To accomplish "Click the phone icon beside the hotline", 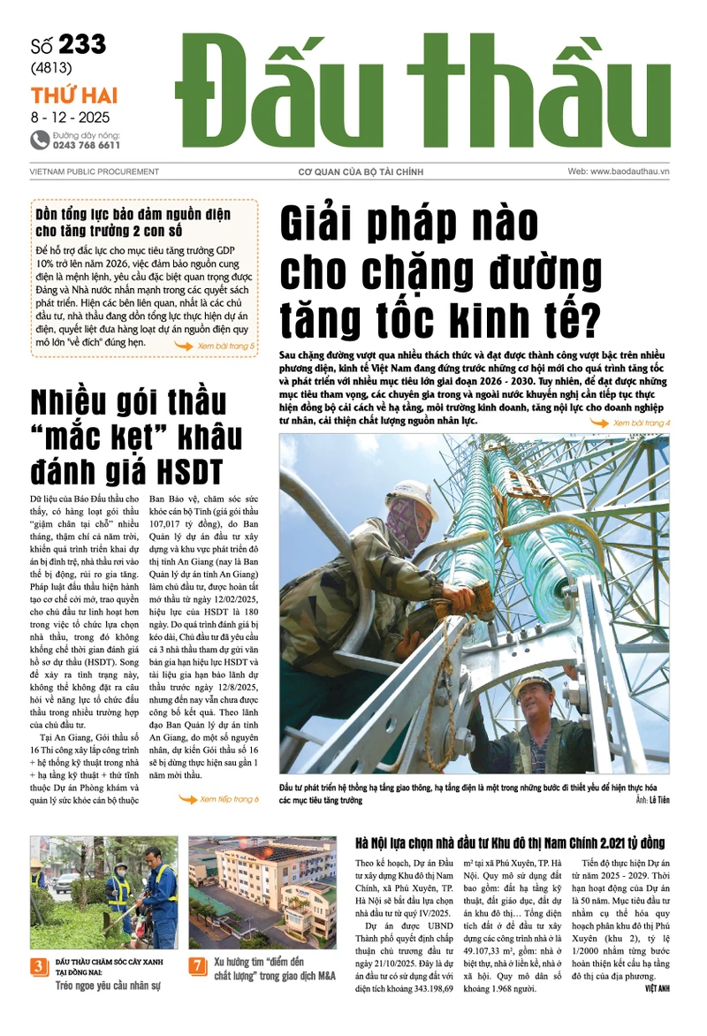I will tap(40, 140).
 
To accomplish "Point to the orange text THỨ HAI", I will tap(74, 95).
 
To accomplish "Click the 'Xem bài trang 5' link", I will tap(225, 346).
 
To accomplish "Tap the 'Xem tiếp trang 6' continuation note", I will tap(229, 799).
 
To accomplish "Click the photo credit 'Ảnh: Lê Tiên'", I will tap(651, 800).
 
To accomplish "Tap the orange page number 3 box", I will tap(39, 966).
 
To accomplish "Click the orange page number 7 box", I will tap(198, 966).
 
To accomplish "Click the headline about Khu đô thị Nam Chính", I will tap(509, 843).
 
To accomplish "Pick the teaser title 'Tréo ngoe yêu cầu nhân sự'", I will tap(108, 984).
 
